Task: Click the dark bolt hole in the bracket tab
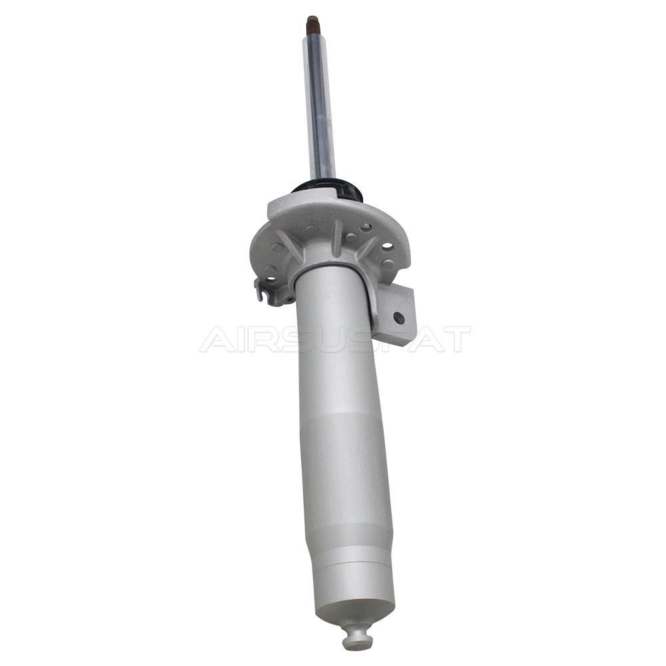click(398, 317)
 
